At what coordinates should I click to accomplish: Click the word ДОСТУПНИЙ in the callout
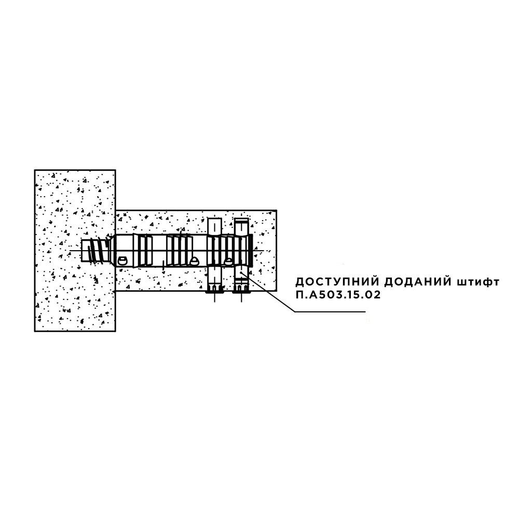point(334,282)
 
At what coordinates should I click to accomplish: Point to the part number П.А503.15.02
point(338,295)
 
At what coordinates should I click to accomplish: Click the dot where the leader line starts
point(241,272)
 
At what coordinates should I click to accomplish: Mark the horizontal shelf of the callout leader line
point(330,311)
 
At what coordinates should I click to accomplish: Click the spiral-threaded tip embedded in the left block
point(96,251)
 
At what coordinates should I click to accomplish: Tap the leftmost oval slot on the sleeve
point(122,260)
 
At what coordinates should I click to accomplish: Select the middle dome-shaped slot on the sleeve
point(194,261)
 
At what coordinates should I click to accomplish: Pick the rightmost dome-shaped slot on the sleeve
point(228,261)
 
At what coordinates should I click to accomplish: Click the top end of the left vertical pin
point(214,219)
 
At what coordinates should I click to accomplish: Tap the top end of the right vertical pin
point(241,220)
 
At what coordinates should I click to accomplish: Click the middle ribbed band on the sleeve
point(179,250)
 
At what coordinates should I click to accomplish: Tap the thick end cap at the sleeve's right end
point(251,250)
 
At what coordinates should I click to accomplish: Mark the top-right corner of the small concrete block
point(277,210)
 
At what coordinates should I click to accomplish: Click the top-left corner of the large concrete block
point(35,170)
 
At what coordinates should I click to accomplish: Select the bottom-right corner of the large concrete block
point(115,331)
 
